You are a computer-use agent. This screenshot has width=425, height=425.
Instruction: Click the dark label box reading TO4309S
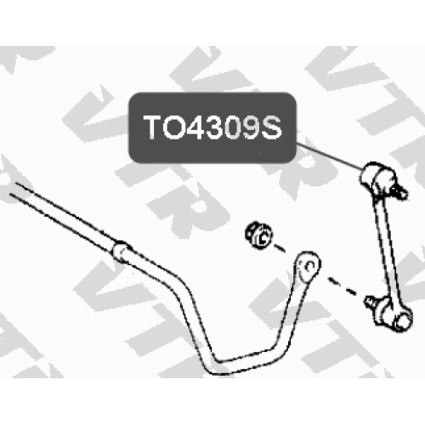coord(212,127)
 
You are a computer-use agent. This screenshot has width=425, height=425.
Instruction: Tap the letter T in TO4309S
coord(152,127)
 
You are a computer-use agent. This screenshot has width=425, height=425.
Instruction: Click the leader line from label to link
coord(329,156)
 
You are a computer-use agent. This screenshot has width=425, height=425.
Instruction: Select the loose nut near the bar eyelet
coord(258,235)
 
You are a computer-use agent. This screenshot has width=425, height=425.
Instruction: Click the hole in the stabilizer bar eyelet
coord(309,267)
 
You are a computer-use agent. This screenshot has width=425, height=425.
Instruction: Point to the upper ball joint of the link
coord(377,178)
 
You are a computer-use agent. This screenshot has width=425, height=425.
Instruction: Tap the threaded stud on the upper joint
coord(401,191)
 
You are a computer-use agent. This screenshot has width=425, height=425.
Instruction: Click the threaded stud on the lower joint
coord(371,301)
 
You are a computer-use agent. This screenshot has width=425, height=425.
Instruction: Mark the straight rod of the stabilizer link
coord(388,246)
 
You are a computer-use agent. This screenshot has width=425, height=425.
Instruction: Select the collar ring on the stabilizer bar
coord(122,252)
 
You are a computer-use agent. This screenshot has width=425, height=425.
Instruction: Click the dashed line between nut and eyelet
coord(279,247)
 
